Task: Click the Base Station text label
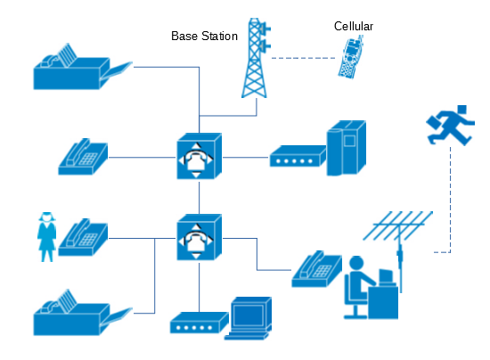coord(204,36)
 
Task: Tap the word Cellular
coord(354,26)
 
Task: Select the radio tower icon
coord(256,58)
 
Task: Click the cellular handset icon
coord(351,57)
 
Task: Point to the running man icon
coord(450,126)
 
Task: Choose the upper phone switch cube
coord(199,156)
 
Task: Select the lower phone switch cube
coord(199,237)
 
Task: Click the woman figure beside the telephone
coord(47,237)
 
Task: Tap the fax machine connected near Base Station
coord(83,67)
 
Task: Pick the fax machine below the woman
coord(83,313)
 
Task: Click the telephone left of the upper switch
coord(83,157)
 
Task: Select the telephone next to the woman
coord(83,237)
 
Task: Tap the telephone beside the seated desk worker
coord(316,269)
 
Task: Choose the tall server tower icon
coord(347,148)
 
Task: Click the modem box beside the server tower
coord(298,156)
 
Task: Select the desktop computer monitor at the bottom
coord(249,318)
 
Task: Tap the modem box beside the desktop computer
coord(199,323)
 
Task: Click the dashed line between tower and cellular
coord(303,58)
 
